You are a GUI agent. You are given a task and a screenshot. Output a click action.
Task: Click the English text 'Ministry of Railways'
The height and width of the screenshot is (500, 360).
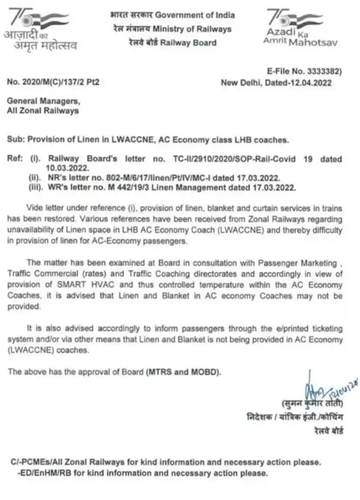197,29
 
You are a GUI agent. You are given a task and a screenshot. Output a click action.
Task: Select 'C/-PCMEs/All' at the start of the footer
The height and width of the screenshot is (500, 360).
39,462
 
